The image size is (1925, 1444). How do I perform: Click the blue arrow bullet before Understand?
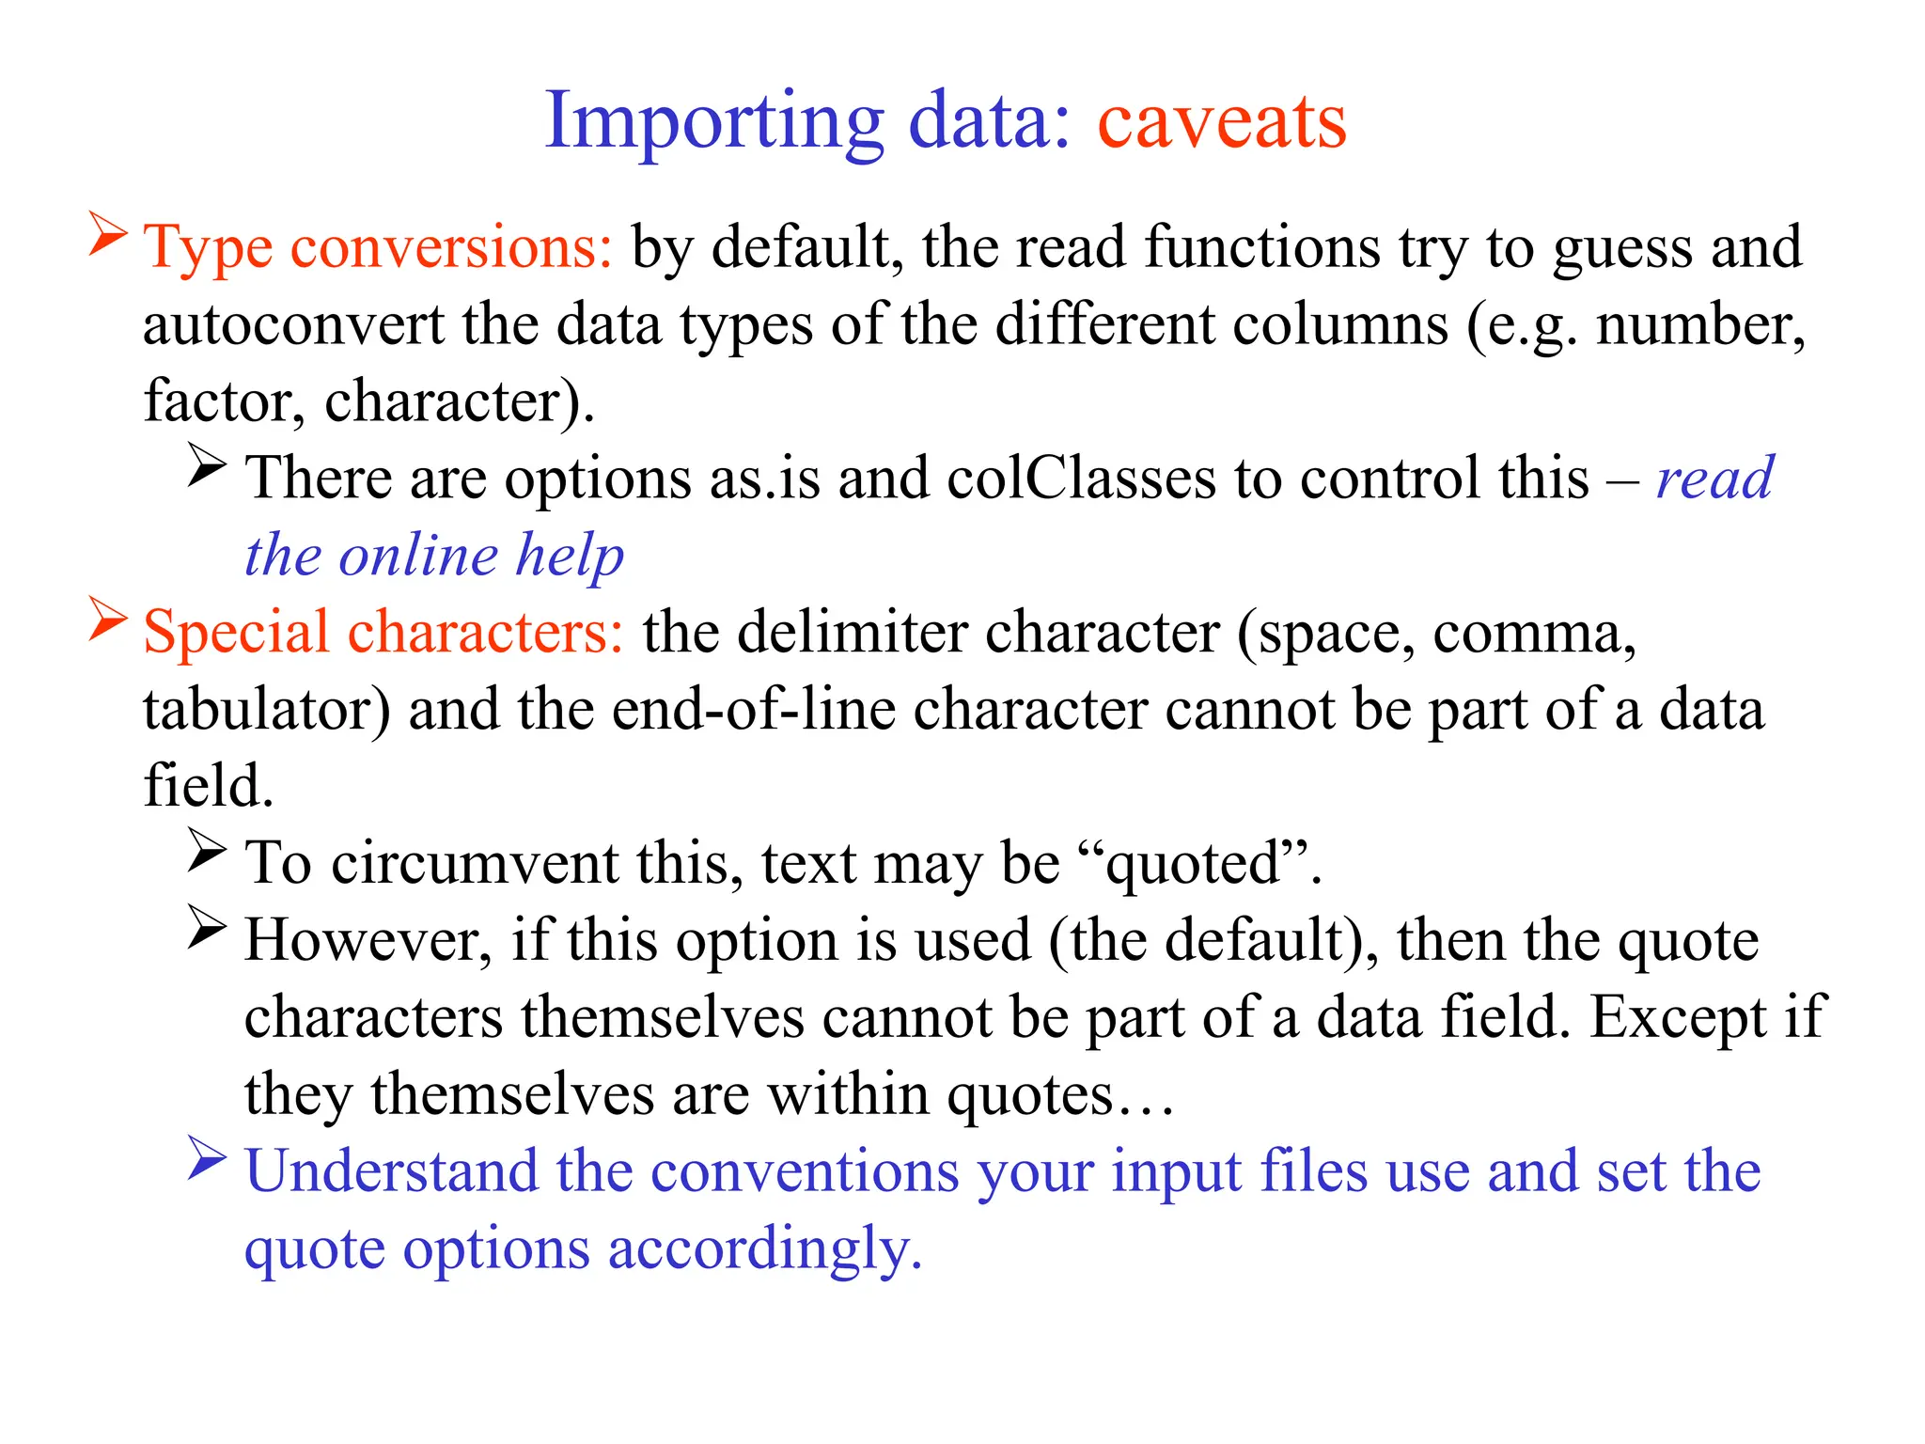pyautogui.click(x=207, y=1158)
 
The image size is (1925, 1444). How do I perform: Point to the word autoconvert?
pyautogui.click(x=293, y=325)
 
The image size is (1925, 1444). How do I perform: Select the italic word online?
pyautogui.click(x=418, y=556)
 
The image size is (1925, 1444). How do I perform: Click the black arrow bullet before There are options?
pyautogui.click(x=207, y=464)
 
